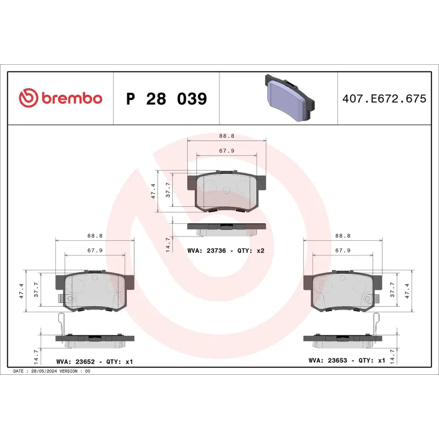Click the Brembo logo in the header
coord(60,98)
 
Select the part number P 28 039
coord(166,99)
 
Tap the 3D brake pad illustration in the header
coord(289,98)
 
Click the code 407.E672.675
coord(384,99)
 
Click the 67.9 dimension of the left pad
coord(95,250)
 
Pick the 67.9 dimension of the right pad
coord(343,250)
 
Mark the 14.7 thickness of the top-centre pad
coord(168,240)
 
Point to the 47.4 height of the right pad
coord(407,290)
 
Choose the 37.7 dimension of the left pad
coord(36,290)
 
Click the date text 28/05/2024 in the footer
coord(44,372)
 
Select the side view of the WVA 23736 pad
coord(226,227)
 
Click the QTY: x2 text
coord(254,250)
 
